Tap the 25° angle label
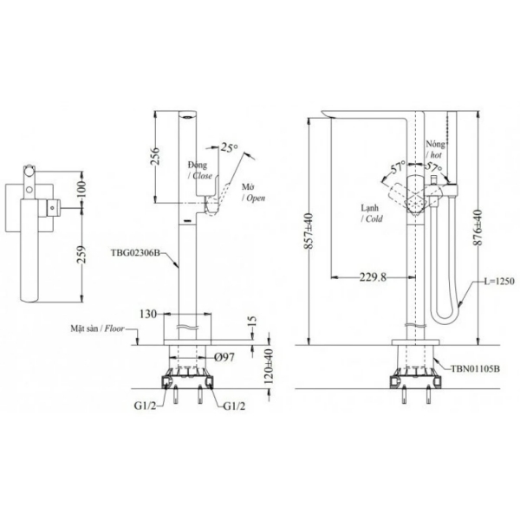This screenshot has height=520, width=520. coord(229,146)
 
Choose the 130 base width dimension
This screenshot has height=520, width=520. coord(148,313)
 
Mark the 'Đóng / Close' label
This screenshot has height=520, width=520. coord(198,169)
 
